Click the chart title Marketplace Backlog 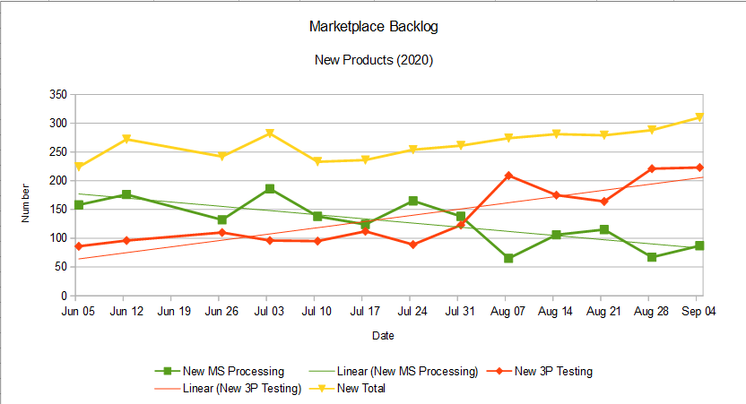[x=373, y=27]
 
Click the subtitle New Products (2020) [x=373, y=61]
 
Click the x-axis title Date [x=384, y=336]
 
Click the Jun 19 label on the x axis [x=174, y=312]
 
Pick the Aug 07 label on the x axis [x=508, y=312]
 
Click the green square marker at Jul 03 [x=269, y=189]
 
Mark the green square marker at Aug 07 [x=508, y=259]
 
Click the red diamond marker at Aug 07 [x=508, y=176]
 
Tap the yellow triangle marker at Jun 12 [x=126, y=140]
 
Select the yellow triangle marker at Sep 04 [x=698, y=117]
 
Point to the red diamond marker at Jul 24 [x=412, y=245]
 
